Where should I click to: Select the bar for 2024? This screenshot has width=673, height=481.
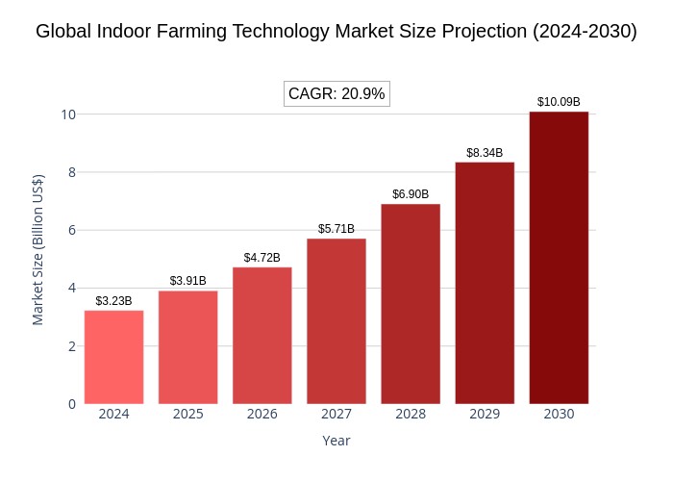[113, 357]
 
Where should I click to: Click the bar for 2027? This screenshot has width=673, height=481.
[336, 321]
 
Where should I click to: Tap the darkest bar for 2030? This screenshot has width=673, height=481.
[559, 258]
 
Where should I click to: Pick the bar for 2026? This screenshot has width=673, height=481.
[262, 336]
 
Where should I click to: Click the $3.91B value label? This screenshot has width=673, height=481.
[188, 281]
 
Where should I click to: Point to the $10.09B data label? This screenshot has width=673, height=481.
[559, 102]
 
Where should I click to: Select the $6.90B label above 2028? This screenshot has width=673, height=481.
[411, 194]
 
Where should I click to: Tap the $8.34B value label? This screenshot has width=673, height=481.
[485, 153]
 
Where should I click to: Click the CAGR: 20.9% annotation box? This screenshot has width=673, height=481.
[336, 93]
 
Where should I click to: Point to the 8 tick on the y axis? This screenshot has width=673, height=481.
[72, 172]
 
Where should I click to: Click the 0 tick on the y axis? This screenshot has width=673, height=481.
[72, 404]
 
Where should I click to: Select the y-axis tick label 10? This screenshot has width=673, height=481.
[68, 114]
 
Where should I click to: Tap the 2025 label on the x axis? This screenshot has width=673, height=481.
[188, 414]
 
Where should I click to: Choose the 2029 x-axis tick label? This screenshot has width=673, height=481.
[485, 414]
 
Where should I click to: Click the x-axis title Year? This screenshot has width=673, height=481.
[336, 441]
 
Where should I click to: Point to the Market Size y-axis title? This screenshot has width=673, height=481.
[38, 250]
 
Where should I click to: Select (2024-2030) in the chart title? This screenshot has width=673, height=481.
[585, 32]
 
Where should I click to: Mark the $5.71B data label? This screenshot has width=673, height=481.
[336, 229]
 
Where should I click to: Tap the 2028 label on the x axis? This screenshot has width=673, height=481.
[411, 414]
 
